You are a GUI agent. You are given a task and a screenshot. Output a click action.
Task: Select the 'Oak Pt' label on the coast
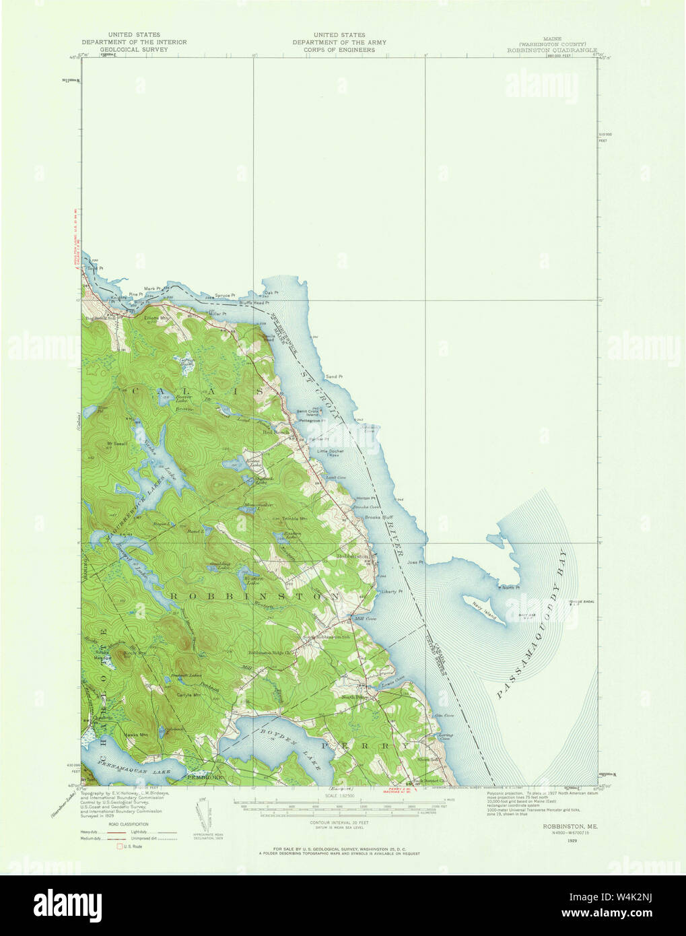(271, 292)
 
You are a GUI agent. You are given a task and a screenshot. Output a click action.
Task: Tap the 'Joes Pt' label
(416, 562)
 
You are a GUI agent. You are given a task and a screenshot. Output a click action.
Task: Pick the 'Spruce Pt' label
(225, 295)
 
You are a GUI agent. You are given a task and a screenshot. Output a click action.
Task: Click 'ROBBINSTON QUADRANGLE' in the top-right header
(552, 50)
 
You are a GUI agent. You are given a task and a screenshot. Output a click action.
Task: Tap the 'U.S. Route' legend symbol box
(121, 846)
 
